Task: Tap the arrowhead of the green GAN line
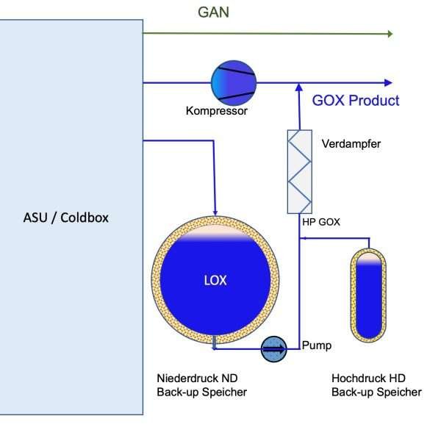click(x=389, y=34)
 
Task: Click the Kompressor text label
click(x=216, y=112)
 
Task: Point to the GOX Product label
click(x=356, y=101)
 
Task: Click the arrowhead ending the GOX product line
click(x=389, y=82)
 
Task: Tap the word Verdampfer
click(x=351, y=144)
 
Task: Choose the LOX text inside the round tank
click(x=216, y=280)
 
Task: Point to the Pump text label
click(x=317, y=345)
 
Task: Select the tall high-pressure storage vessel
click(x=367, y=295)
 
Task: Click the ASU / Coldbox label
click(x=66, y=218)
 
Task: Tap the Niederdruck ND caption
click(x=197, y=379)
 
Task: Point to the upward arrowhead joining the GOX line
click(x=299, y=87)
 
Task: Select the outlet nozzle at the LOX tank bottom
click(x=213, y=340)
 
